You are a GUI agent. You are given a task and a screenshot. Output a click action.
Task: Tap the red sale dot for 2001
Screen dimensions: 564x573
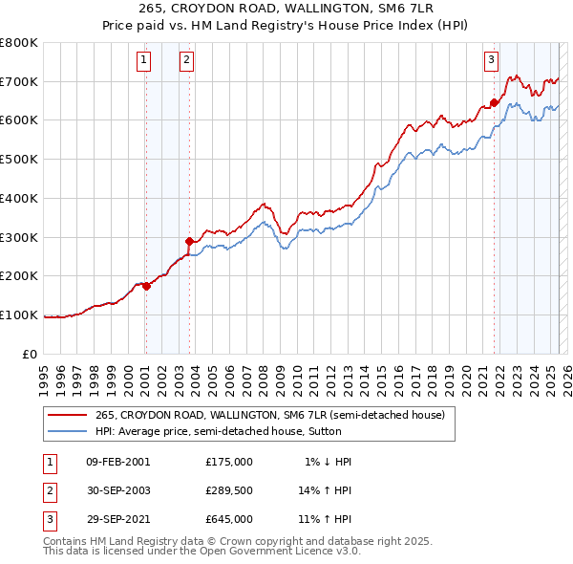coord(146,285)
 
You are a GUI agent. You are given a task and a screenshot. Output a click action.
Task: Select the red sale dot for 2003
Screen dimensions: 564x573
coord(189,240)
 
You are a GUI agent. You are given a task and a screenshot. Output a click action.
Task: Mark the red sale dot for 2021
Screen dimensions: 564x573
coord(494,102)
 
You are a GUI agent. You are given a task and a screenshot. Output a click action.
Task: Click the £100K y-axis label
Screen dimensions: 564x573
coord(19,315)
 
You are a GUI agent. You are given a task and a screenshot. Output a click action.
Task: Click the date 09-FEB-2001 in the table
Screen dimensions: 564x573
coord(117,461)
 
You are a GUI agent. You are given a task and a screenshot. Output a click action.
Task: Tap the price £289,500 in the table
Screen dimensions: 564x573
coord(228,490)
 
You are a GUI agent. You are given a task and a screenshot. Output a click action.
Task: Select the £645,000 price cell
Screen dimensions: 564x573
coord(228,519)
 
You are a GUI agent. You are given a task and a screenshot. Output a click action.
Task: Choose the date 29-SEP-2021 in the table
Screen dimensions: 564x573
coord(117,519)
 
